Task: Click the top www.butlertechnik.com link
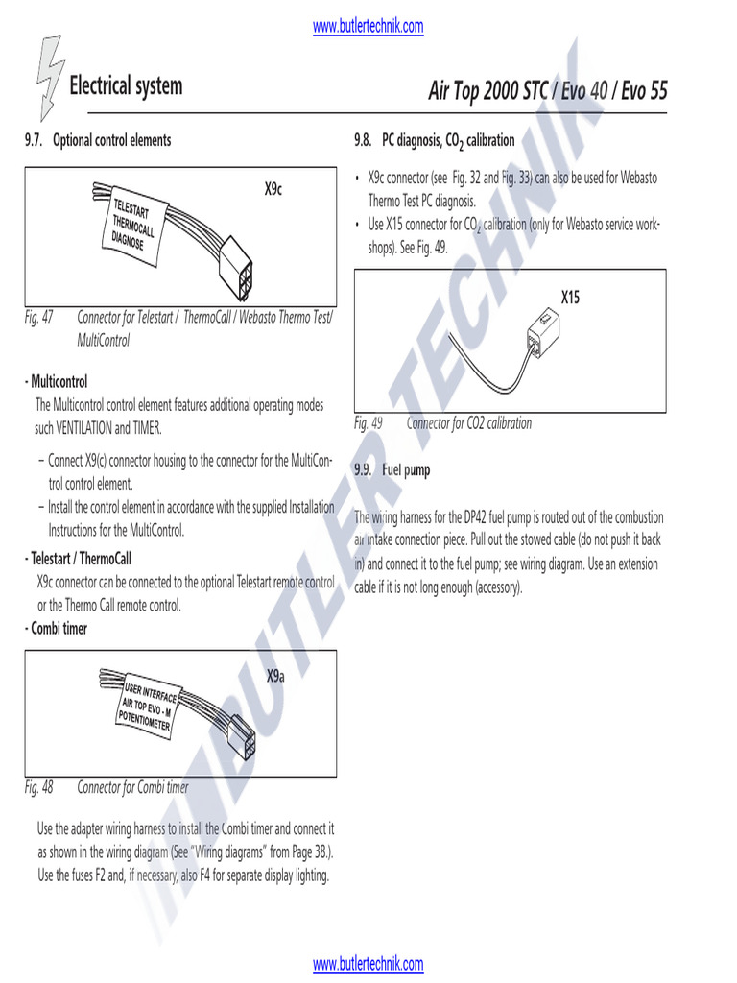click(x=368, y=27)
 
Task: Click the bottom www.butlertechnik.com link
click(x=368, y=963)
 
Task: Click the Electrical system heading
click(x=126, y=86)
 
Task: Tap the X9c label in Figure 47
click(x=273, y=189)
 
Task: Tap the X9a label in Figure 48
click(x=275, y=677)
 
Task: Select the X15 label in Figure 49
click(x=571, y=298)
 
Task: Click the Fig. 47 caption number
click(x=39, y=317)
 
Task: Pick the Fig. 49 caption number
click(x=368, y=423)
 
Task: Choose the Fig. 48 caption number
click(x=39, y=787)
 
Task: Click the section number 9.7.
click(x=35, y=140)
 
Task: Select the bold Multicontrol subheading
click(x=59, y=382)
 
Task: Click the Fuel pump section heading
click(x=406, y=470)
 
